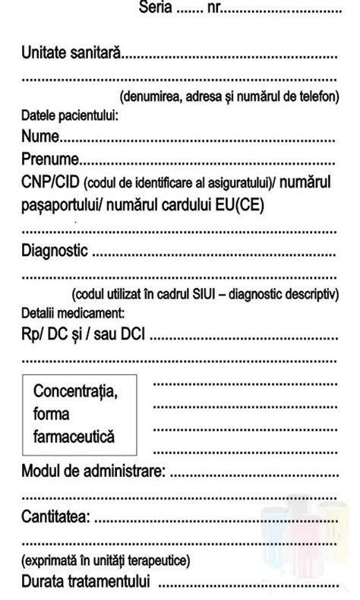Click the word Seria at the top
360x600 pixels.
point(155,10)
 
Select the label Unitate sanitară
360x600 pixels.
point(72,55)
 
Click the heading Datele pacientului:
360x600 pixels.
point(69,116)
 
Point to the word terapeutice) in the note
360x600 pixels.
point(160,561)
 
